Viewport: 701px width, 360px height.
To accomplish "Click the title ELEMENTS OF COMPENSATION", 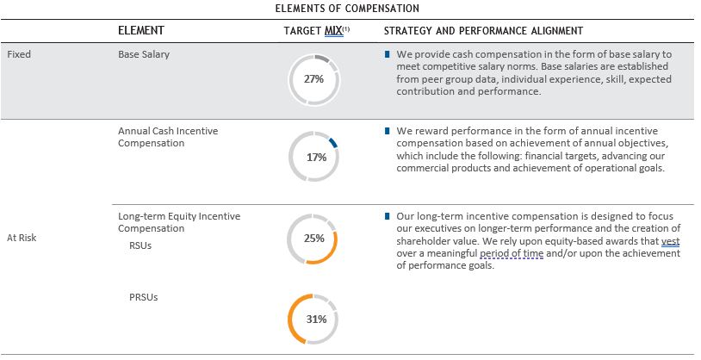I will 346,8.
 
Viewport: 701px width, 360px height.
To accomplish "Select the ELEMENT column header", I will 141,31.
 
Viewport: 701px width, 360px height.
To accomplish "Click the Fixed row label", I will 19,53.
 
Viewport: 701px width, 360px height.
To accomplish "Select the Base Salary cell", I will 144,53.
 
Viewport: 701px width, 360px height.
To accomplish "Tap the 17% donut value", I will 315,158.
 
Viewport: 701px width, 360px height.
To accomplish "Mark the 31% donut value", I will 315,319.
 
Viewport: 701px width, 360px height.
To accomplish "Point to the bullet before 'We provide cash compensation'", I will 388,54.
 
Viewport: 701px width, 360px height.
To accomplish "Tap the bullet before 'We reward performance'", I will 388,131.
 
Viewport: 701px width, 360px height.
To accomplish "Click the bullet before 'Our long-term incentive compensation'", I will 388,215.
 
